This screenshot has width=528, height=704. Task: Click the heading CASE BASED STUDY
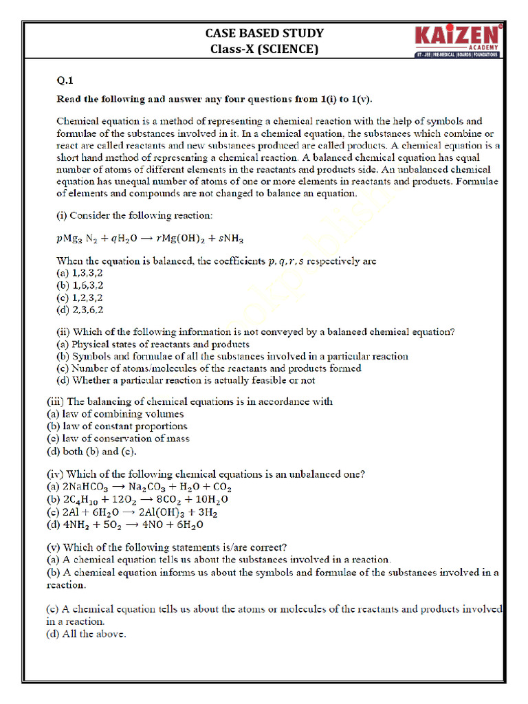[264, 33]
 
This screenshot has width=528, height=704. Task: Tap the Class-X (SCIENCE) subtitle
[264, 49]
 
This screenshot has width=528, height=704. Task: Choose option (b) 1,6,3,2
[80, 285]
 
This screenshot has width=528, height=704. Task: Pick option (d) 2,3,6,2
[80, 309]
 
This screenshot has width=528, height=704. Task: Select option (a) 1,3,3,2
[80, 273]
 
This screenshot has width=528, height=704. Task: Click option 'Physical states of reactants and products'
[152, 344]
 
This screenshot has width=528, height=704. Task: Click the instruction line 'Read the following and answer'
[214, 99]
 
